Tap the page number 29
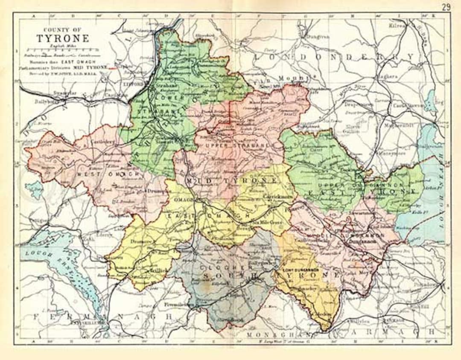tap(446, 7)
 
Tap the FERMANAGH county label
tap(102, 317)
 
